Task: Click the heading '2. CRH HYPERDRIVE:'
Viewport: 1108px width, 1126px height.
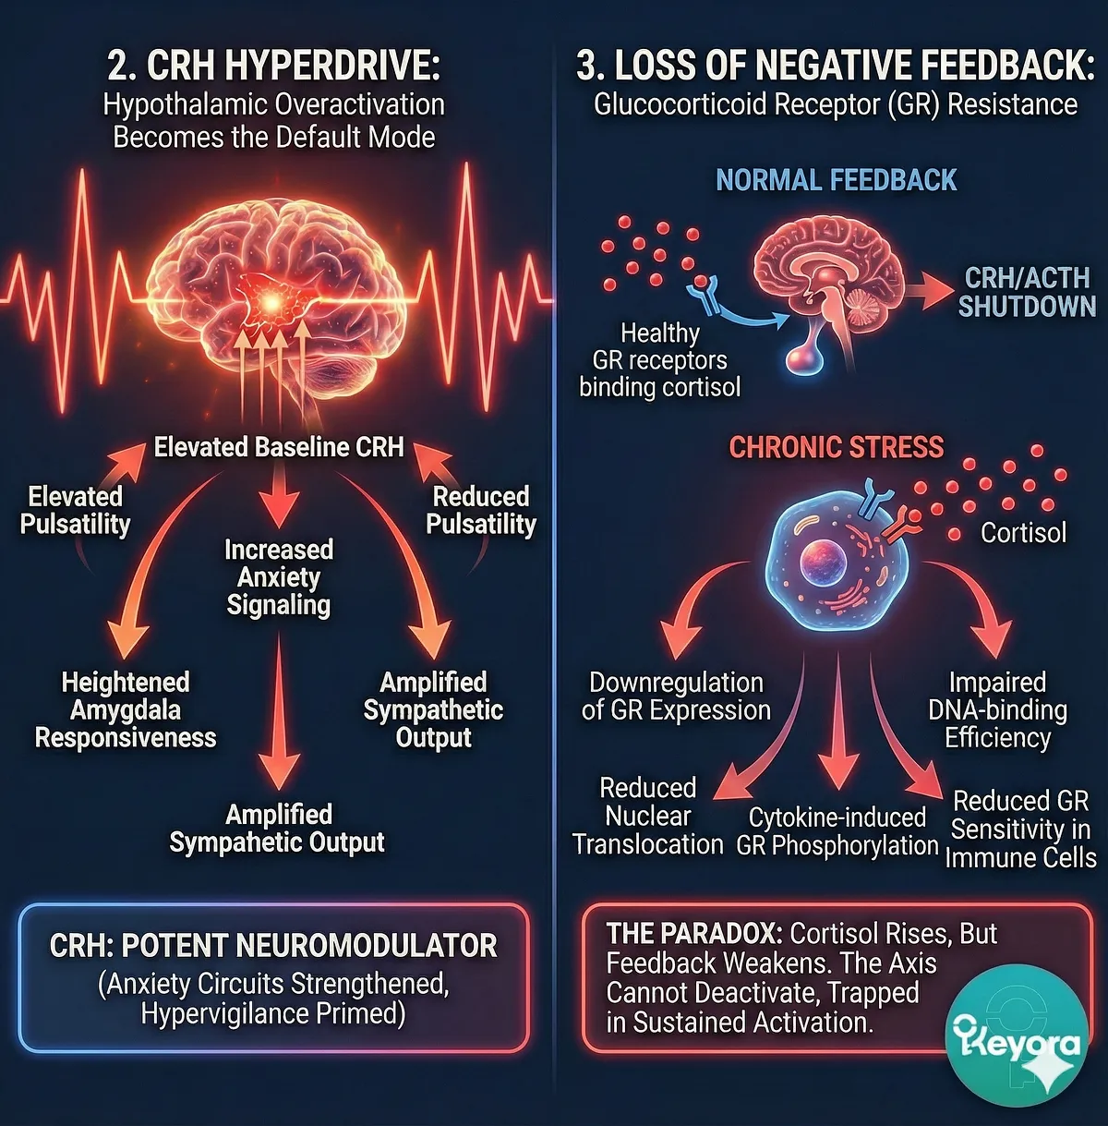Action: pos(273,66)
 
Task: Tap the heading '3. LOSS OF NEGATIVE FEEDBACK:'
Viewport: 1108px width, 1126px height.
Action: pos(835,66)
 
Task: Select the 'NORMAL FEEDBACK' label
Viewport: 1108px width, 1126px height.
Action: pos(836,180)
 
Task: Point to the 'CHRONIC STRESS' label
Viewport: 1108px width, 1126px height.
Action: pos(837,448)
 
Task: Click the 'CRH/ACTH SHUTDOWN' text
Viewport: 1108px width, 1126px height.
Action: pos(1026,292)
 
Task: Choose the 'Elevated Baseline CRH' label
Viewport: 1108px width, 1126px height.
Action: pos(279,448)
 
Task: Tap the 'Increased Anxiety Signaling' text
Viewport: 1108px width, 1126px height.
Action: pos(279,577)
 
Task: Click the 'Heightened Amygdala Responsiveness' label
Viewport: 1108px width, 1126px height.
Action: pos(126,710)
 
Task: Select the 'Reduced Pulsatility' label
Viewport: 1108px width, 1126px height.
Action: pos(481,511)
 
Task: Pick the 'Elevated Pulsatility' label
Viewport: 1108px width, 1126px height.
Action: pos(75,511)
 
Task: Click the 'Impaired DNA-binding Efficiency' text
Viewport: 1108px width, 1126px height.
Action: pos(997,710)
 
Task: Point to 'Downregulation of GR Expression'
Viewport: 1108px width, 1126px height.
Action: pos(676,696)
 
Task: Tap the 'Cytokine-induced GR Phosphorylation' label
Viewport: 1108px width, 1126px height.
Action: pos(837,831)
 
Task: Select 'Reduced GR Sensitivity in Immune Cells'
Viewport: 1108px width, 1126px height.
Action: pos(1020,829)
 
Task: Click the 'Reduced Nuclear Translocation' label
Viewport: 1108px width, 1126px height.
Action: pos(647,817)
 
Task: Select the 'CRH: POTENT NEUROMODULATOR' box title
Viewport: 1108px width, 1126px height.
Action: pos(273,946)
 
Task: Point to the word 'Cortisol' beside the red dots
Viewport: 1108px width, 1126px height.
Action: pos(1023,533)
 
